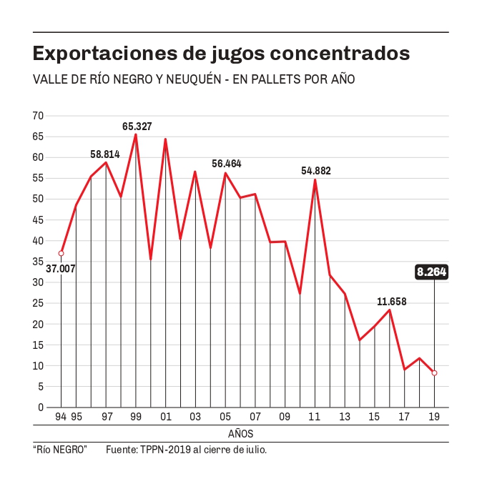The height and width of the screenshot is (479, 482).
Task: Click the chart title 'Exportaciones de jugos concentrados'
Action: (x=222, y=54)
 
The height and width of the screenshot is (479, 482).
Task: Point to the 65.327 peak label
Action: (x=137, y=127)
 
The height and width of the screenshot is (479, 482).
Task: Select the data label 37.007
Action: (x=61, y=270)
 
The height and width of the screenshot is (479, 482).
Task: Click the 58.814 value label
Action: (x=105, y=154)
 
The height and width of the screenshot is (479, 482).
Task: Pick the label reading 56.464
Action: (x=227, y=164)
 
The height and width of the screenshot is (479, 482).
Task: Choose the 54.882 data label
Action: (x=316, y=171)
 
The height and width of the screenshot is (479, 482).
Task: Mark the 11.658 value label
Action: (x=392, y=302)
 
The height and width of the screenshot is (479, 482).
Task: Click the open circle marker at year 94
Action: (x=62, y=253)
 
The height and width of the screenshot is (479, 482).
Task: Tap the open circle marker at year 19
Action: (x=434, y=373)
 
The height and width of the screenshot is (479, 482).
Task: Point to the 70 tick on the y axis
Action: (x=38, y=116)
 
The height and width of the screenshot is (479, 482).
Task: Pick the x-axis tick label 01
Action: (x=165, y=416)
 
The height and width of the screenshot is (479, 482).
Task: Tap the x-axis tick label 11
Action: (x=315, y=416)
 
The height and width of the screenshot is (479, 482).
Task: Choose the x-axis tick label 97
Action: (x=106, y=416)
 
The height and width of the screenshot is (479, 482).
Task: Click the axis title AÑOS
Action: (x=241, y=433)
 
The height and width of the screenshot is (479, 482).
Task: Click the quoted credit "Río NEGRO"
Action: (x=60, y=450)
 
